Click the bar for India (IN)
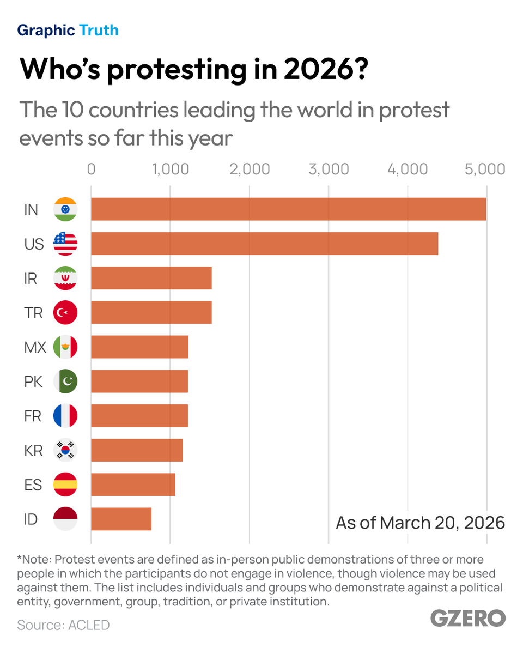coord(288,209)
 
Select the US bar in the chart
coord(264,244)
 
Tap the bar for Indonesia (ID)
coord(121,519)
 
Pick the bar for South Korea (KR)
coord(137,450)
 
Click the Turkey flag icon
coord(65,313)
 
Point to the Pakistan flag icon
coord(65,381)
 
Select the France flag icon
coord(65,416)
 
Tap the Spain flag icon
coord(65,485)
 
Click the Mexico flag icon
coord(65,347)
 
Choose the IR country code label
coord(31,278)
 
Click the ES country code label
coord(33,485)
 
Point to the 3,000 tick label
coord(329,169)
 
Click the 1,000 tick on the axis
coord(170,169)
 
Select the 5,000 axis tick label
coord(485,169)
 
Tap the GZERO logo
coord(468,618)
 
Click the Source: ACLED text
coord(63,625)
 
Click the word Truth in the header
coord(99,30)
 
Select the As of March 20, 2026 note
coord(420,523)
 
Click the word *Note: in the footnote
coord(34,560)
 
